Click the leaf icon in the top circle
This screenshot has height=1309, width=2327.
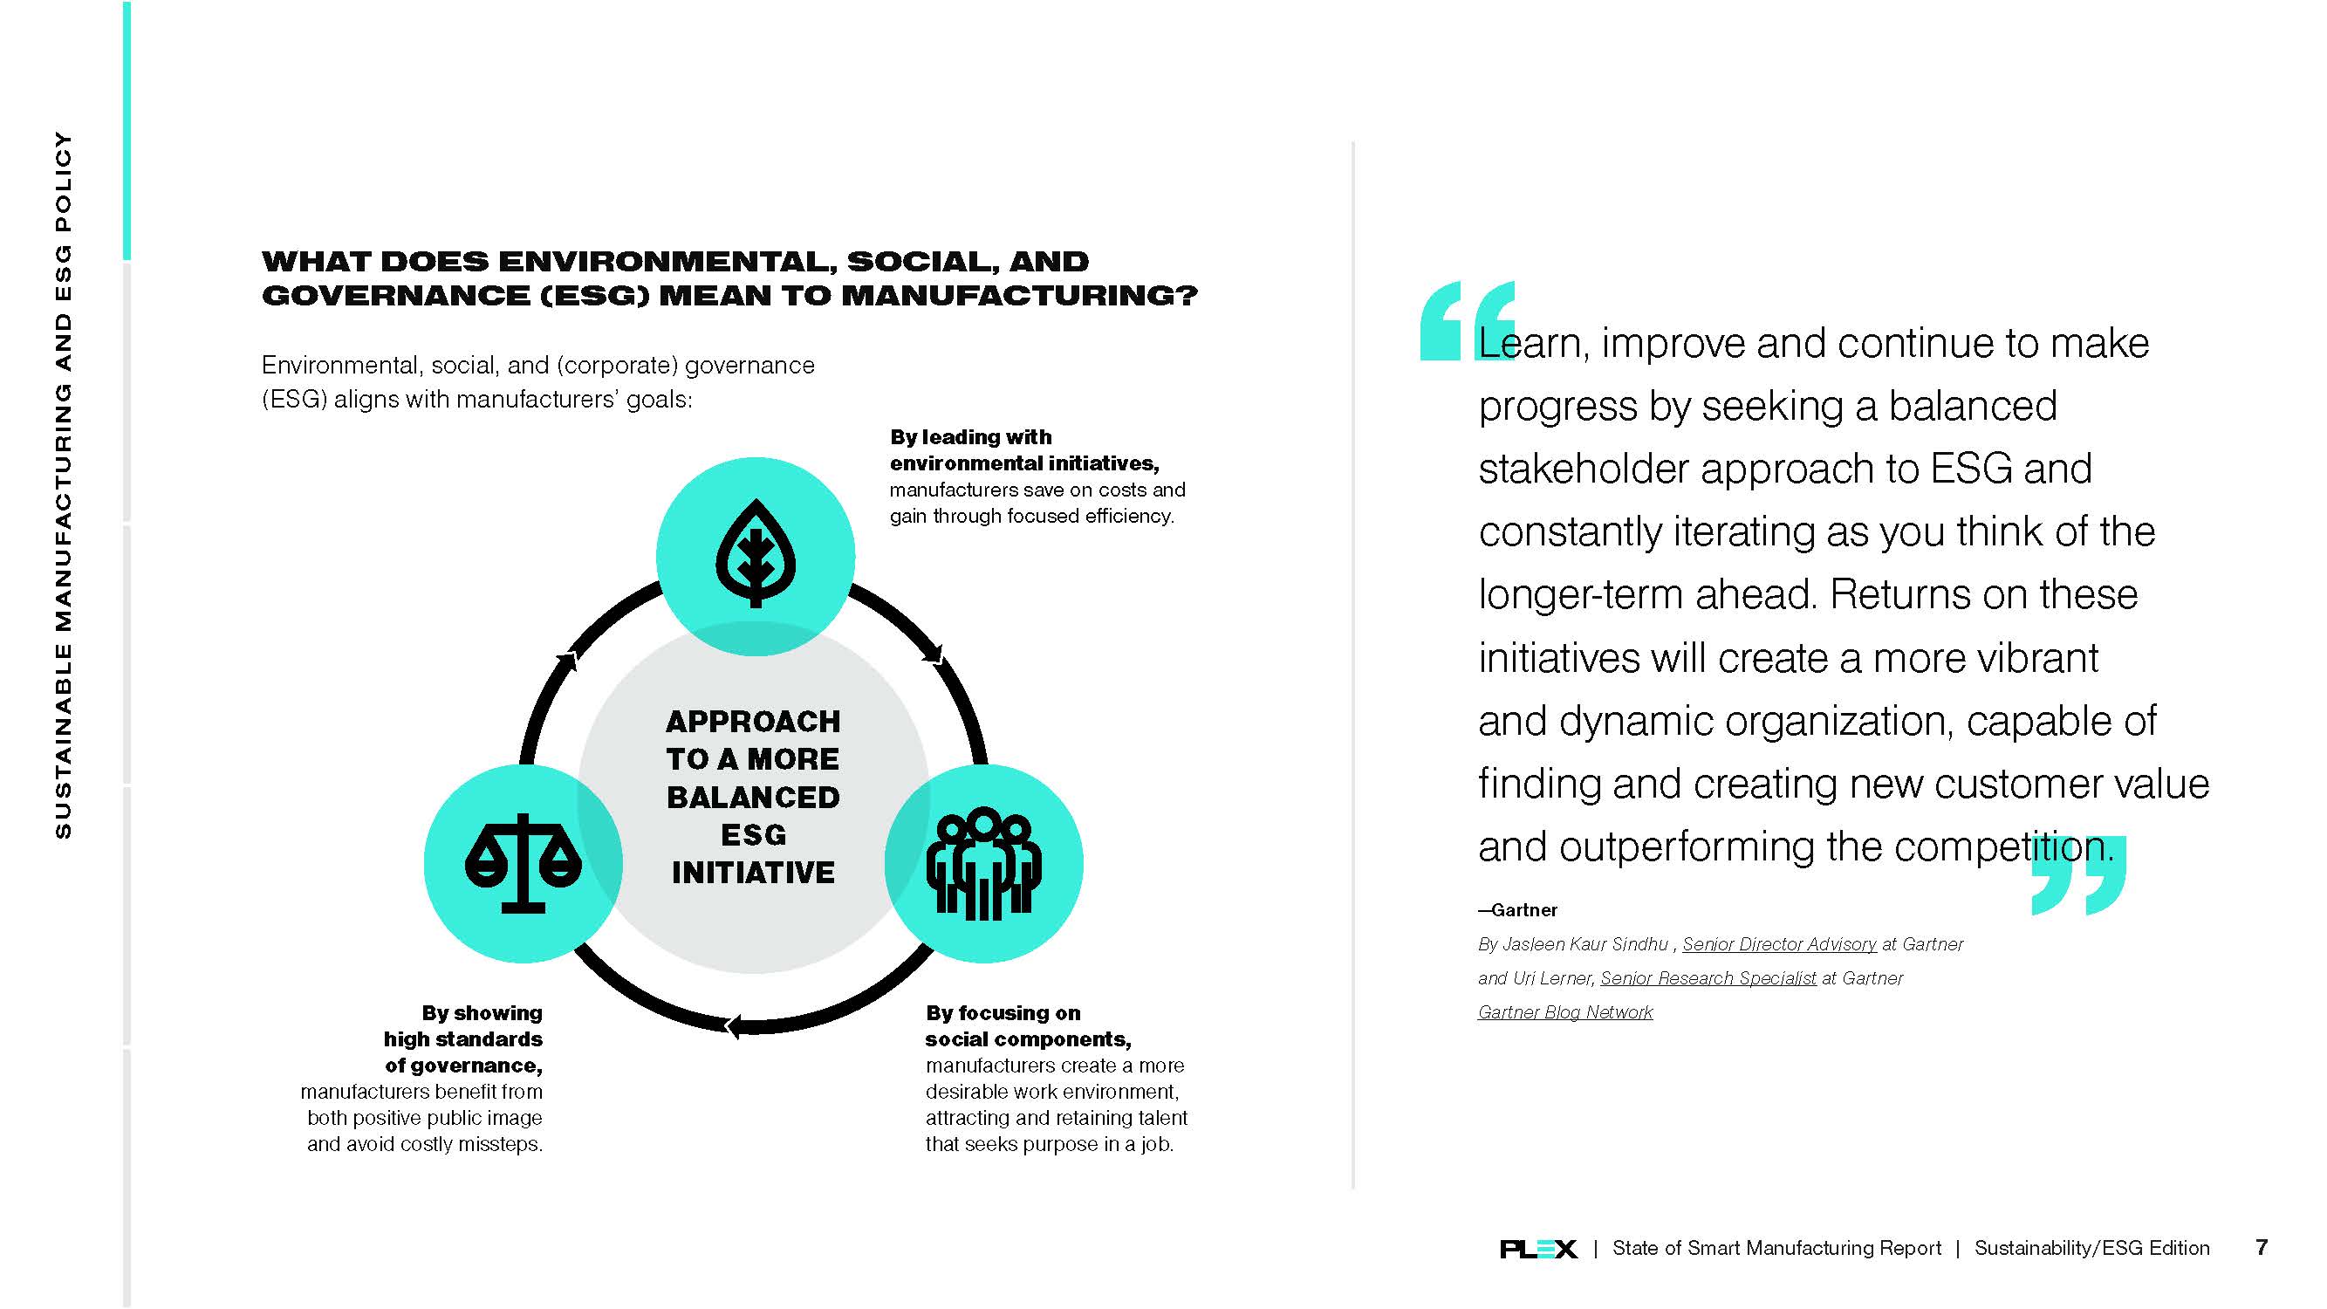tap(756, 553)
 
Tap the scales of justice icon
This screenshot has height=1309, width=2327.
tap(523, 863)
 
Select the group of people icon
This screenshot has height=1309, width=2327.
tap(983, 864)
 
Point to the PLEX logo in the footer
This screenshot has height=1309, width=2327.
tap(1538, 1249)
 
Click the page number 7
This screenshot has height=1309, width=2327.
tap(2261, 1248)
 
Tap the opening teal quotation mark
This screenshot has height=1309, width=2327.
tap(1467, 320)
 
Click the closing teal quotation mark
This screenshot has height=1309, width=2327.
tap(2078, 875)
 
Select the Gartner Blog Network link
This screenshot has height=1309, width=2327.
tap(1565, 1011)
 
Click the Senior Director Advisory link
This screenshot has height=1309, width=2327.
tap(1780, 944)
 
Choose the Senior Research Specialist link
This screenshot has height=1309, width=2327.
tap(1708, 977)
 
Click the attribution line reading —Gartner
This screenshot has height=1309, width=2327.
tap(1517, 909)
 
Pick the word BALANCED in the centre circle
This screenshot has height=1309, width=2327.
tap(753, 797)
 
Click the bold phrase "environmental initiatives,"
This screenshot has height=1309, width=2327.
tap(1024, 463)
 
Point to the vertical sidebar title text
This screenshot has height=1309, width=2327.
tap(62, 485)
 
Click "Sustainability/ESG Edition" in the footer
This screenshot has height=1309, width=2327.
tap(2092, 1248)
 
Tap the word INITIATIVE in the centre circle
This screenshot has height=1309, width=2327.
tap(753, 873)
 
